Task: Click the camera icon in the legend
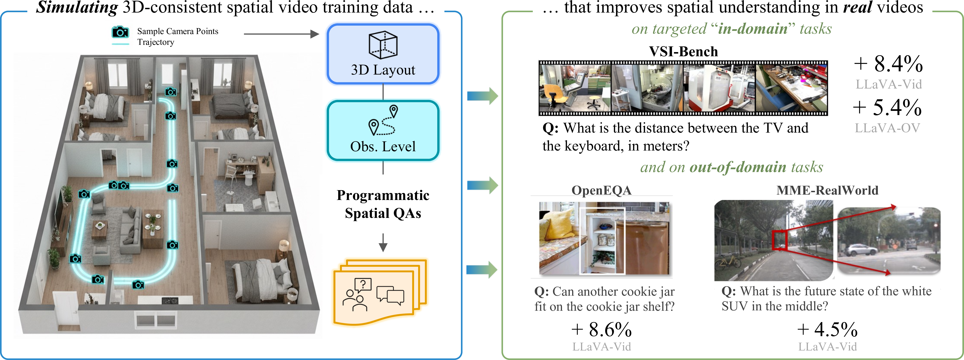pos(120,32)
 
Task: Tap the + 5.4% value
pos(887,108)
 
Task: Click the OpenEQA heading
pos(601,190)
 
